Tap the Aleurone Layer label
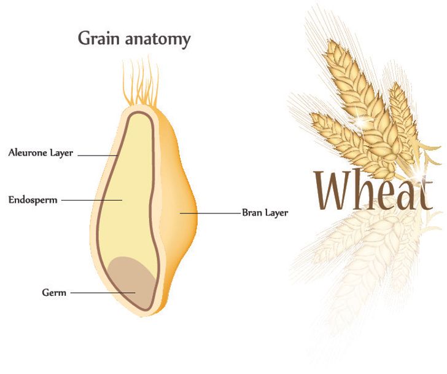click(x=41, y=153)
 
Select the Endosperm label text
click(x=32, y=200)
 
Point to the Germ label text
click(x=53, y=293)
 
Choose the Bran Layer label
click(x=265, y=213)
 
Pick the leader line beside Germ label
click(x=101, y=293)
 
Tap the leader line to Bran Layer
click(x=212, y=213)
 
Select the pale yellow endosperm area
click(x=126, y=185)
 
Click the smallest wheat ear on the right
click(x=402, y=123)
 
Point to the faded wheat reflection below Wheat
click(x=362, y=265)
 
